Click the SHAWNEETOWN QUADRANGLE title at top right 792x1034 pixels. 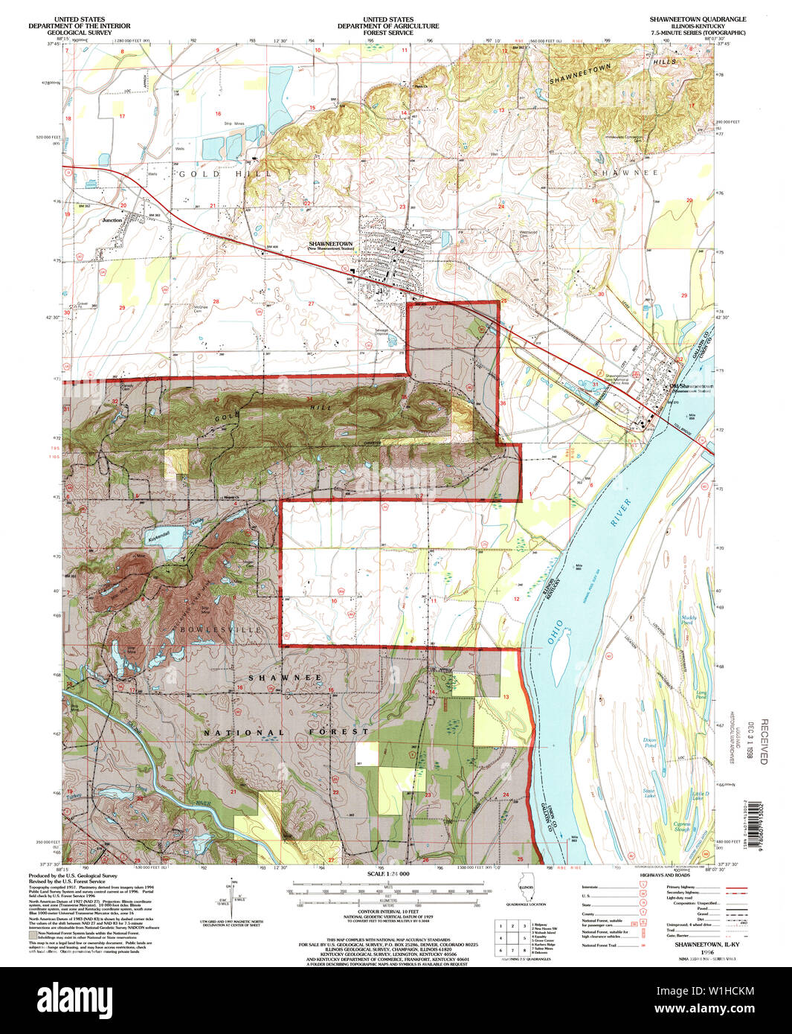(x=687, y=19)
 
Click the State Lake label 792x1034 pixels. (x=649, y=794)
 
